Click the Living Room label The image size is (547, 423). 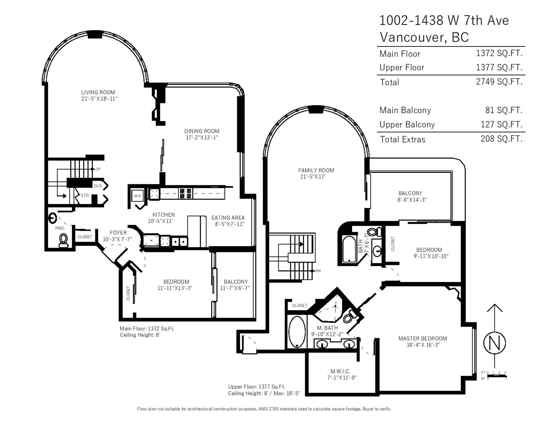pyautogui.click(x=98, y=92)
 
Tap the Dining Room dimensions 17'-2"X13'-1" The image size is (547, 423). pyautogui.click(x=202, y=137)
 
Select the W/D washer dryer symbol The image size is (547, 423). pyautogui.click(x=137, y=196)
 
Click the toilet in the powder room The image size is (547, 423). pyautogui.click(x=63, y=240)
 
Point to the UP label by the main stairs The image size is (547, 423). pyautogui.click(x=98, y=169)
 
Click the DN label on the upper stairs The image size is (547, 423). pyautogui.click(x=318, y=271)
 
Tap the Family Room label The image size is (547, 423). pyautogui.click(x=316, y=170)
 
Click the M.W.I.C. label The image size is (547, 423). pyautogui.click(x=340, y=371)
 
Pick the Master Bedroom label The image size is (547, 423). pyautogui.click(x=423, y=338)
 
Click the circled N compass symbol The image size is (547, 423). pyautogui.click(x=495, y=343)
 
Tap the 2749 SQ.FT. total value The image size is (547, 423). pyautogui.click(x=499, y=82)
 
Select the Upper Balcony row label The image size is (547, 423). pyautogui.click(x=407, y=125)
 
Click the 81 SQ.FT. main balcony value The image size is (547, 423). pyautogui.click(x=504, y=110)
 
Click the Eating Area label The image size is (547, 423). pyautogui.click(x=228, y=218)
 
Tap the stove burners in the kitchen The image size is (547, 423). pyautogui.click(x=185, y=194)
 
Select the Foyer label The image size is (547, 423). pyautogui.click(x=118, y=233)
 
